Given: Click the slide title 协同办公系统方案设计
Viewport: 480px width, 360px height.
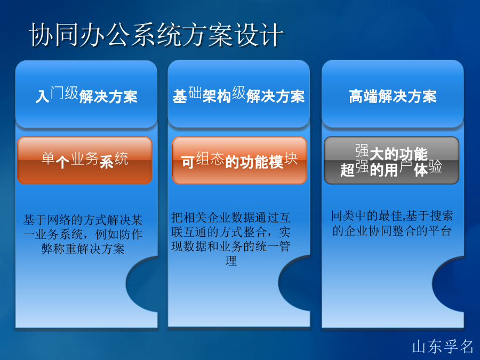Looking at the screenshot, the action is [x=156, y=35].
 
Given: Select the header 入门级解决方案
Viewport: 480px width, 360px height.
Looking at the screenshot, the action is [x=86, y=94].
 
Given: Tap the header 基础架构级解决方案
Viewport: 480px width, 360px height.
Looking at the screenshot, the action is [x=239, y=94].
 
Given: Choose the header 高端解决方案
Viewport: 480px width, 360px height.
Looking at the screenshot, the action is [x=393, y=96].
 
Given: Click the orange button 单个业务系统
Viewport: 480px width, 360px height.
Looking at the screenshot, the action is [x=84, y=160].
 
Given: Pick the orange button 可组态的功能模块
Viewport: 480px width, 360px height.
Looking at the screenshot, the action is [x=239, y=160].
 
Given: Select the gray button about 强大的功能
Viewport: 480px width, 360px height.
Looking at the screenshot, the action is [x=391, y=160].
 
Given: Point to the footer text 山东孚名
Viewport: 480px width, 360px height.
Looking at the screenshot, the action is [x=443, y=347].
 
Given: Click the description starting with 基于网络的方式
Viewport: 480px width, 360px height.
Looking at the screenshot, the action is [x=83, y=235].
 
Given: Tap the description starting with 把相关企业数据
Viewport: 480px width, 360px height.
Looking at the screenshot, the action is [x=231, y=239].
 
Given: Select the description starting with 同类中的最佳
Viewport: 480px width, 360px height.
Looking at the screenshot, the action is [x=392, y=223].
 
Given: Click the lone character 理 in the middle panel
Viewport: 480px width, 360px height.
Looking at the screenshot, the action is [x=231, y=261].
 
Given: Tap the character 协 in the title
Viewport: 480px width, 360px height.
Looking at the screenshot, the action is [x=39, y=35].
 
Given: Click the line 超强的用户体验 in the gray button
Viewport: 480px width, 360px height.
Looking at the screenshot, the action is [x=391, y=169].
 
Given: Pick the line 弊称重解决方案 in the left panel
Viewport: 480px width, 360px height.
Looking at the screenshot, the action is [x=83, y=249].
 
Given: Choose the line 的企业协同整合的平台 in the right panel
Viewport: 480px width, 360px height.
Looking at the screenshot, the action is [x=392, y=231].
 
